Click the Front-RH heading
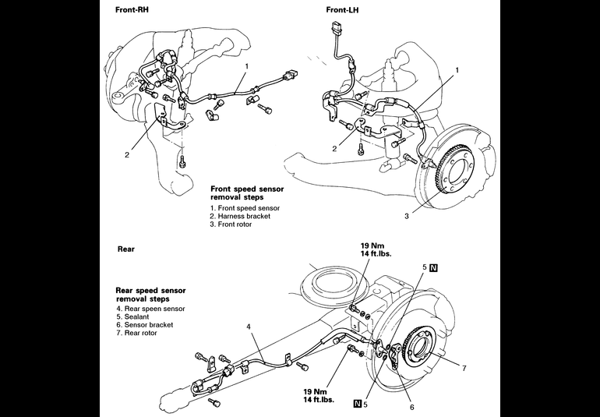[x=132, y=10]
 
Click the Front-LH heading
[x=342, y=10]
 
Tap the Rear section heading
[x=126, y=249]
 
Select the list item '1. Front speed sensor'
[x=245, y=208]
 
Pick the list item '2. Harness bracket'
[x=240, y=217]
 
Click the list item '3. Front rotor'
[x=231, y=224]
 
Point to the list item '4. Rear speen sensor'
[x=150, y=309]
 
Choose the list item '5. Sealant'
[x=132, y=316]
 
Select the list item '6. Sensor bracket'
[x=145, y=325]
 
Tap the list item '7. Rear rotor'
[x=137, y=333]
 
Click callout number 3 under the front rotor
[x=407, y=216]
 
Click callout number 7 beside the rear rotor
[x=464, y=369]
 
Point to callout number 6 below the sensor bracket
[x=411, y=407]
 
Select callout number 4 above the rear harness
[x=249, y=327]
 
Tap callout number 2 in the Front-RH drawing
[x=127, y=154]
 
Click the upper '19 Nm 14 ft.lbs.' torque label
[x=376, y=250]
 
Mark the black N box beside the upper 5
[x=433, y=267]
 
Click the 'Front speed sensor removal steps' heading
[x=247, y=193]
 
